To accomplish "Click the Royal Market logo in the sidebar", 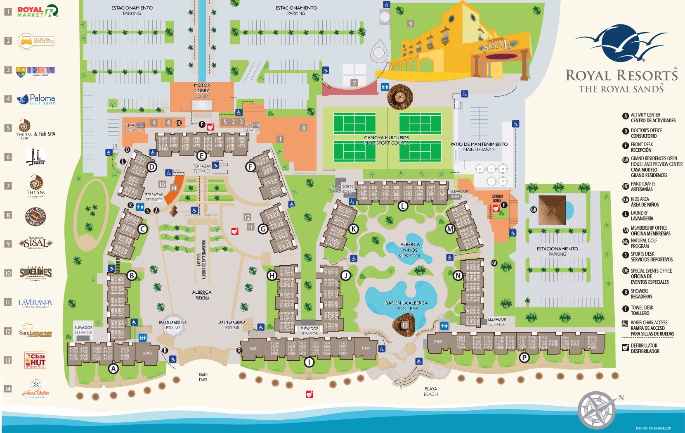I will (37, 11).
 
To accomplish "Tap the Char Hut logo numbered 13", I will (35, 360).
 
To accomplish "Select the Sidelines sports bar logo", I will (35, 273).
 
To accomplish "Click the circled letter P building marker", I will (524, 357).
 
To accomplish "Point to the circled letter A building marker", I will (113, 369).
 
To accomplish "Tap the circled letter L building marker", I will (403, 206).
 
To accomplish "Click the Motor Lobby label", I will (202, 90).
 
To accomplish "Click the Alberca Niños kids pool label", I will (410, 250).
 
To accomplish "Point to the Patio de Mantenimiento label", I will (479, 147).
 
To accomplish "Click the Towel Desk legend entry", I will (642, 310).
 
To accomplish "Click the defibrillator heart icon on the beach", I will (309, 394).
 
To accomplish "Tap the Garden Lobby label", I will (497, 199).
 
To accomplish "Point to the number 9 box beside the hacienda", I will (410, 24).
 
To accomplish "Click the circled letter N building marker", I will (458, 276).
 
